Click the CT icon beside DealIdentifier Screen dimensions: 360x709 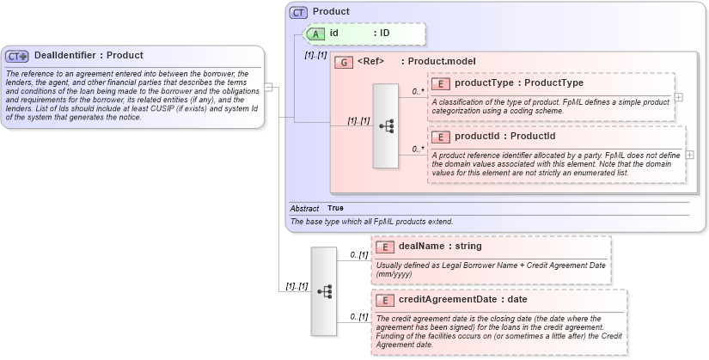[x=17, y=56]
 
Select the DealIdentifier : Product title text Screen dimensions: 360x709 [x=88, y=56]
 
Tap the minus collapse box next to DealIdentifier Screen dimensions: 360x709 [x=269, y=87]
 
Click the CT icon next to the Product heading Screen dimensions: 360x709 [x=298, y=12]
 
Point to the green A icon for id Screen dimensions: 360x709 [x=315, y=33]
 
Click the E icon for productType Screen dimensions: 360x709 [x=440, y=83]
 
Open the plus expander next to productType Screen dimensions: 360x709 [x=679, y=96]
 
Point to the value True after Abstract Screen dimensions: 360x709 [x=335, y=208]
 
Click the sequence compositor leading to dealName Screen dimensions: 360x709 [x=324, y=290]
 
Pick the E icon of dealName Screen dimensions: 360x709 [x=385, y=247]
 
